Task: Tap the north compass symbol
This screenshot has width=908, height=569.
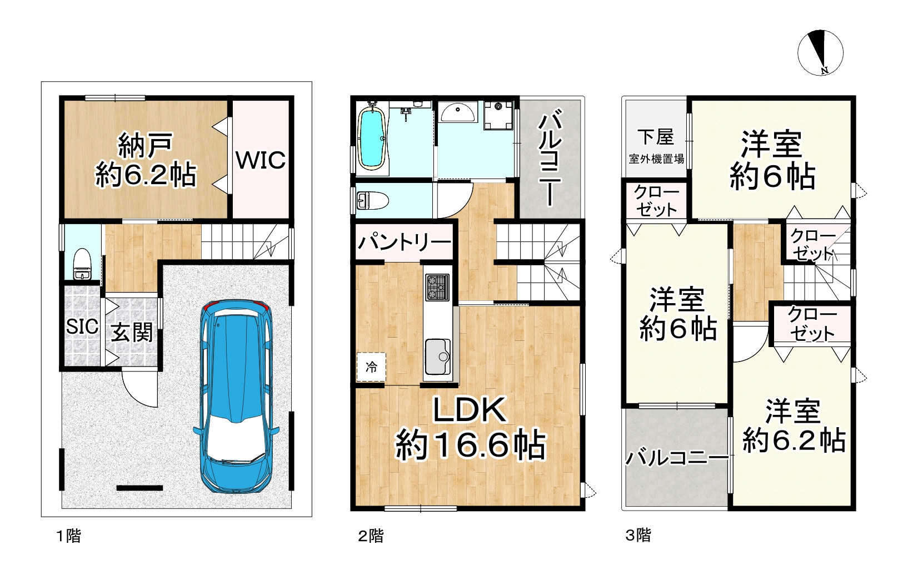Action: (820, 55)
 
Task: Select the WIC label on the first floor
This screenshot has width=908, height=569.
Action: (260, 160)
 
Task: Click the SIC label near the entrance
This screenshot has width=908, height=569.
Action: (82, 326)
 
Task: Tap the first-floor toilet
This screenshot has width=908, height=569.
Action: (83, 265)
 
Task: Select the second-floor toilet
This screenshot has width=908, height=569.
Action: (369, 200)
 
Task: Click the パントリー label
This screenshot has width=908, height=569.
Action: (404, 243)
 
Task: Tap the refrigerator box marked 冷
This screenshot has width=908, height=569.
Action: (371, 367)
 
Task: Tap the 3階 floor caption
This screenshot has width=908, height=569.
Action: (638, 536)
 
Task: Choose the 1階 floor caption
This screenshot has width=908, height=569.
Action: (68, 536)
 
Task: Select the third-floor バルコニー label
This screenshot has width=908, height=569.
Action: (677, 458)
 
